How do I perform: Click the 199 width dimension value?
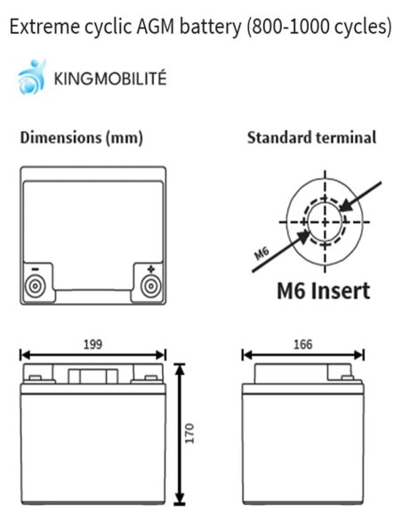pos(92,345)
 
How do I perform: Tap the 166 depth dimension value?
pos(302,345)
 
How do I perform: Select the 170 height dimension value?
pos(189,433)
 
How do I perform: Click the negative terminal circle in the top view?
pos(35,286)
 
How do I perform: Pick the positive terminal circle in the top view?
pos(151,286)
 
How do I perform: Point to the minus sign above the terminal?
pos(35,269)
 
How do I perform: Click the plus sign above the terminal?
pos(151,269)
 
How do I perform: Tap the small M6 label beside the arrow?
pos(261,254)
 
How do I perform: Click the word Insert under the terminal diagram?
pos(342,291)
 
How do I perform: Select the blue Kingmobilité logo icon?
pos(31,77)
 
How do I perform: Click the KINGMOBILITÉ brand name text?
pos(110,78)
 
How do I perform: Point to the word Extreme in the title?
pos(44,27)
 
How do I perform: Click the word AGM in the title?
pos(156,27)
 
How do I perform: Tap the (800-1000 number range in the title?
pos(288,27)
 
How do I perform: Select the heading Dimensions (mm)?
pos(82,137)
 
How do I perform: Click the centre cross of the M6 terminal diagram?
pos(325,222)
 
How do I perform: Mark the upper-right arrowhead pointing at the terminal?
pos(346,205)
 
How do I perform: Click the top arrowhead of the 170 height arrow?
pos(180,370)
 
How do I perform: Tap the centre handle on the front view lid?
pos(92,376)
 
